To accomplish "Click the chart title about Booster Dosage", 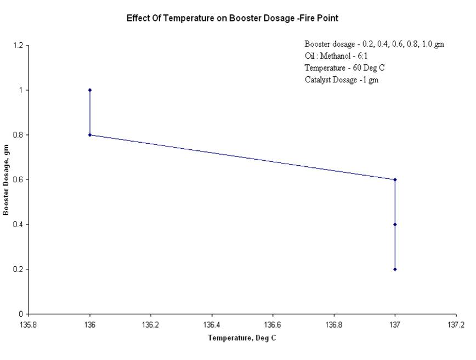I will pos(233,18).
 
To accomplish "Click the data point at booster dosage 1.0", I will pos(90,90).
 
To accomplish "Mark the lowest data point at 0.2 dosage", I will pos(395,269).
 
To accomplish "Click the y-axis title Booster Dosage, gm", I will pos(6,179).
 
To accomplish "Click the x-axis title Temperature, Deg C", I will pos(242,338).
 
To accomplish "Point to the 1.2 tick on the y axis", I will pos(18,46).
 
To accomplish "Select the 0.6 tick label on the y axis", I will pos(18,180).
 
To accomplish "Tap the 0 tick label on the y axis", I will pos(21,314).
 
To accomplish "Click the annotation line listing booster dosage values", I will pos(375,44).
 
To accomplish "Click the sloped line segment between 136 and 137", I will pos(242,157).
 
